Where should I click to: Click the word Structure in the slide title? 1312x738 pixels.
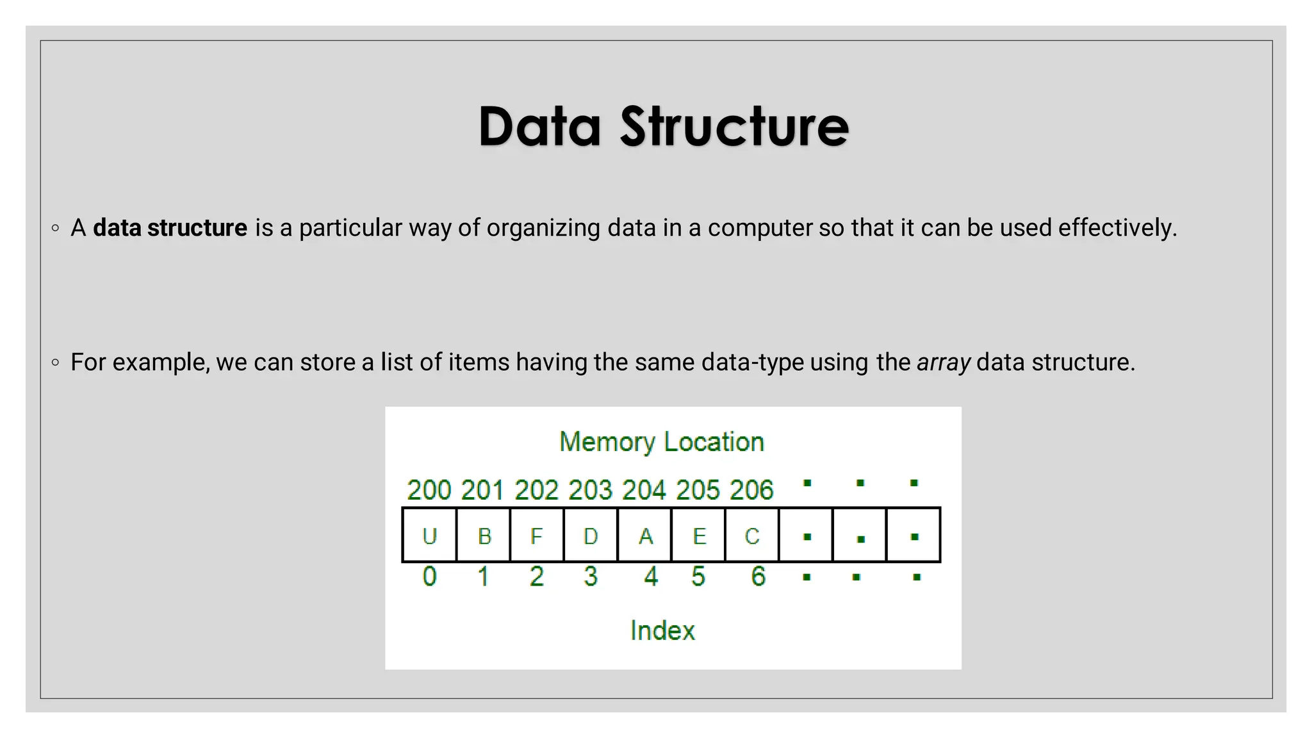[734, 126]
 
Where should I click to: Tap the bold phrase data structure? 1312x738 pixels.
[170, 228]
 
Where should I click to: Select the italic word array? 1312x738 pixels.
[943, 363]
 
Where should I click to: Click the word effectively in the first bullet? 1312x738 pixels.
[1117, 228]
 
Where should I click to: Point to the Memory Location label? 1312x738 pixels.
[662, 442]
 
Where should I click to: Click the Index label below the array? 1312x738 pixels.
[662, 630]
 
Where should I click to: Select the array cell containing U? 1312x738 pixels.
[429, 536]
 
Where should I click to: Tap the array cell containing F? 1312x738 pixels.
[537, 536]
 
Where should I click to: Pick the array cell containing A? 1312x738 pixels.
[645, 536]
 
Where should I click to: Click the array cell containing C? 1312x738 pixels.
[752, 536]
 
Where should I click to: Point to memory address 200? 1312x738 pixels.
[429, 490]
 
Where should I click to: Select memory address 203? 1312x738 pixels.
[591, 490]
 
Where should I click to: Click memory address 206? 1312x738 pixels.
[752, 490]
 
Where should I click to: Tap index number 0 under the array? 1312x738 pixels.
[429, 577]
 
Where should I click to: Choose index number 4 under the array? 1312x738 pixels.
[651, 577]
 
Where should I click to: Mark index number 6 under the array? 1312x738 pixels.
[758, 577]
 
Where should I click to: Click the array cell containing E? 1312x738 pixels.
[699, 536]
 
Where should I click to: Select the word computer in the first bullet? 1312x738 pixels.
[760, 228]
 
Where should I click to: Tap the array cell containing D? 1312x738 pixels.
[591, 536]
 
